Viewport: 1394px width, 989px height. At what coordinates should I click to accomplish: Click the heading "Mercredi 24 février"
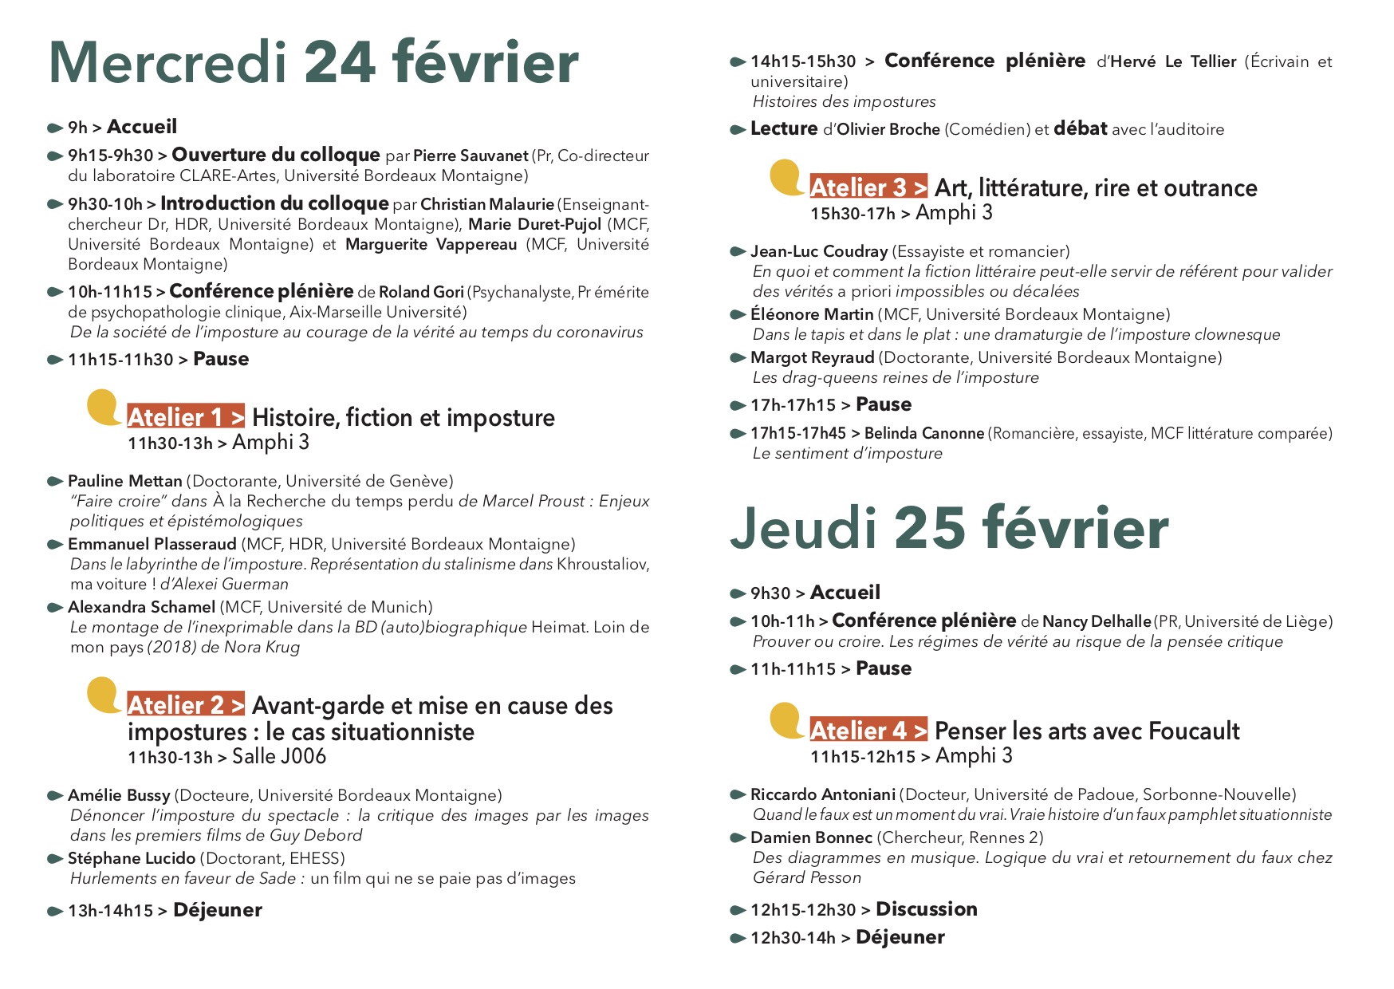(x=313, y=63)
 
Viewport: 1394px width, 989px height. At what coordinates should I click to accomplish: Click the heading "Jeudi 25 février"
(x=948, y=529)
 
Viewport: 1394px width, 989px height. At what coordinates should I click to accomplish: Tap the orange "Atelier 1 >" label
(x=186, y=417)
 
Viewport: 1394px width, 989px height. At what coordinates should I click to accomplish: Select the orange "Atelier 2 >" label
(x=186, y=705)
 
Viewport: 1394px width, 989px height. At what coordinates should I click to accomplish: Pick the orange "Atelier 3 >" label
(x=868, y=187)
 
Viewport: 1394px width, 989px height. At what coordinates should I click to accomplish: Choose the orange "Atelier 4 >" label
(x=868, y=731)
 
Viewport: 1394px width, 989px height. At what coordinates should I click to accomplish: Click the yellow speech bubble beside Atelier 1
(x=104, y=407)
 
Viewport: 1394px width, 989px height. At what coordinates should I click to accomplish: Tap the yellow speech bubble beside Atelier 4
(x=786, y=720)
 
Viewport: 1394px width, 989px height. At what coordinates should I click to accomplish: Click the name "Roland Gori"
(x=421, y=292)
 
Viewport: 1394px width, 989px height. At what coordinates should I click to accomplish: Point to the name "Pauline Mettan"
(x=125, y=481)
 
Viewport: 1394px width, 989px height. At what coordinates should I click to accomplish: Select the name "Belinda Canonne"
(x=924, y=433)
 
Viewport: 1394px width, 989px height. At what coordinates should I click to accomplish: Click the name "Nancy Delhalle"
(x=1097, y=621)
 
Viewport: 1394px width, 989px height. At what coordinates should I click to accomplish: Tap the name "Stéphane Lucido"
(x=132, y=858)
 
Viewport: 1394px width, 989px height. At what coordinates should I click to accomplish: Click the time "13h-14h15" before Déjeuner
(x=110, y=911)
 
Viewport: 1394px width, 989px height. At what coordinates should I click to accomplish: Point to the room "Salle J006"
(x=279, y=756)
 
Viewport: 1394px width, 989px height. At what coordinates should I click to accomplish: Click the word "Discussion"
(x=927, y=909)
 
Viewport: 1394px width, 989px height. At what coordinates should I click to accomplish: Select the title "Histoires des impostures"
(x=845, y=101)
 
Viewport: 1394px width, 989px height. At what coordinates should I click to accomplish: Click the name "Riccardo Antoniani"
(x=823, y=794)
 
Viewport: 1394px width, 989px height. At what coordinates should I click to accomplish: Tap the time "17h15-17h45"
(x=798, y=433)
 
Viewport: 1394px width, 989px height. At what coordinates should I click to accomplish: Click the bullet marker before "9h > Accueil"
(x=55, y=128)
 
